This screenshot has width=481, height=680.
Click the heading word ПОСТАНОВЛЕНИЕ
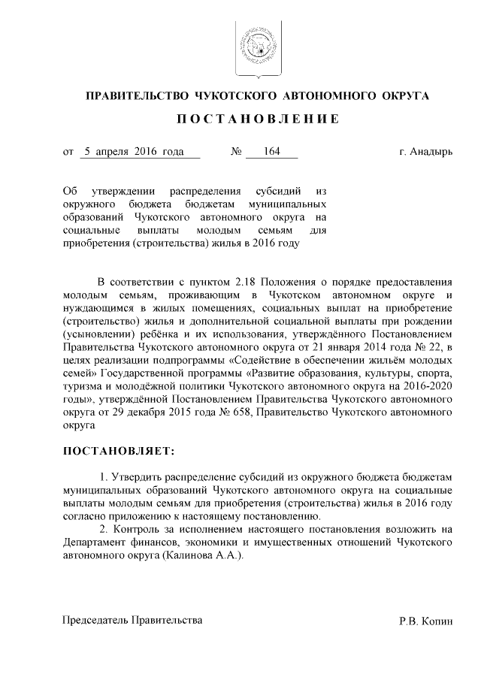(259, 119)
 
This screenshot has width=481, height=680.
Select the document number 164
(271, 152)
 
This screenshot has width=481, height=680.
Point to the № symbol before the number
(237, 152)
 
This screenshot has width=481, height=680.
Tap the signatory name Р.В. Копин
(426, 621)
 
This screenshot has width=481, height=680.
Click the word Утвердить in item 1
(136, 478)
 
